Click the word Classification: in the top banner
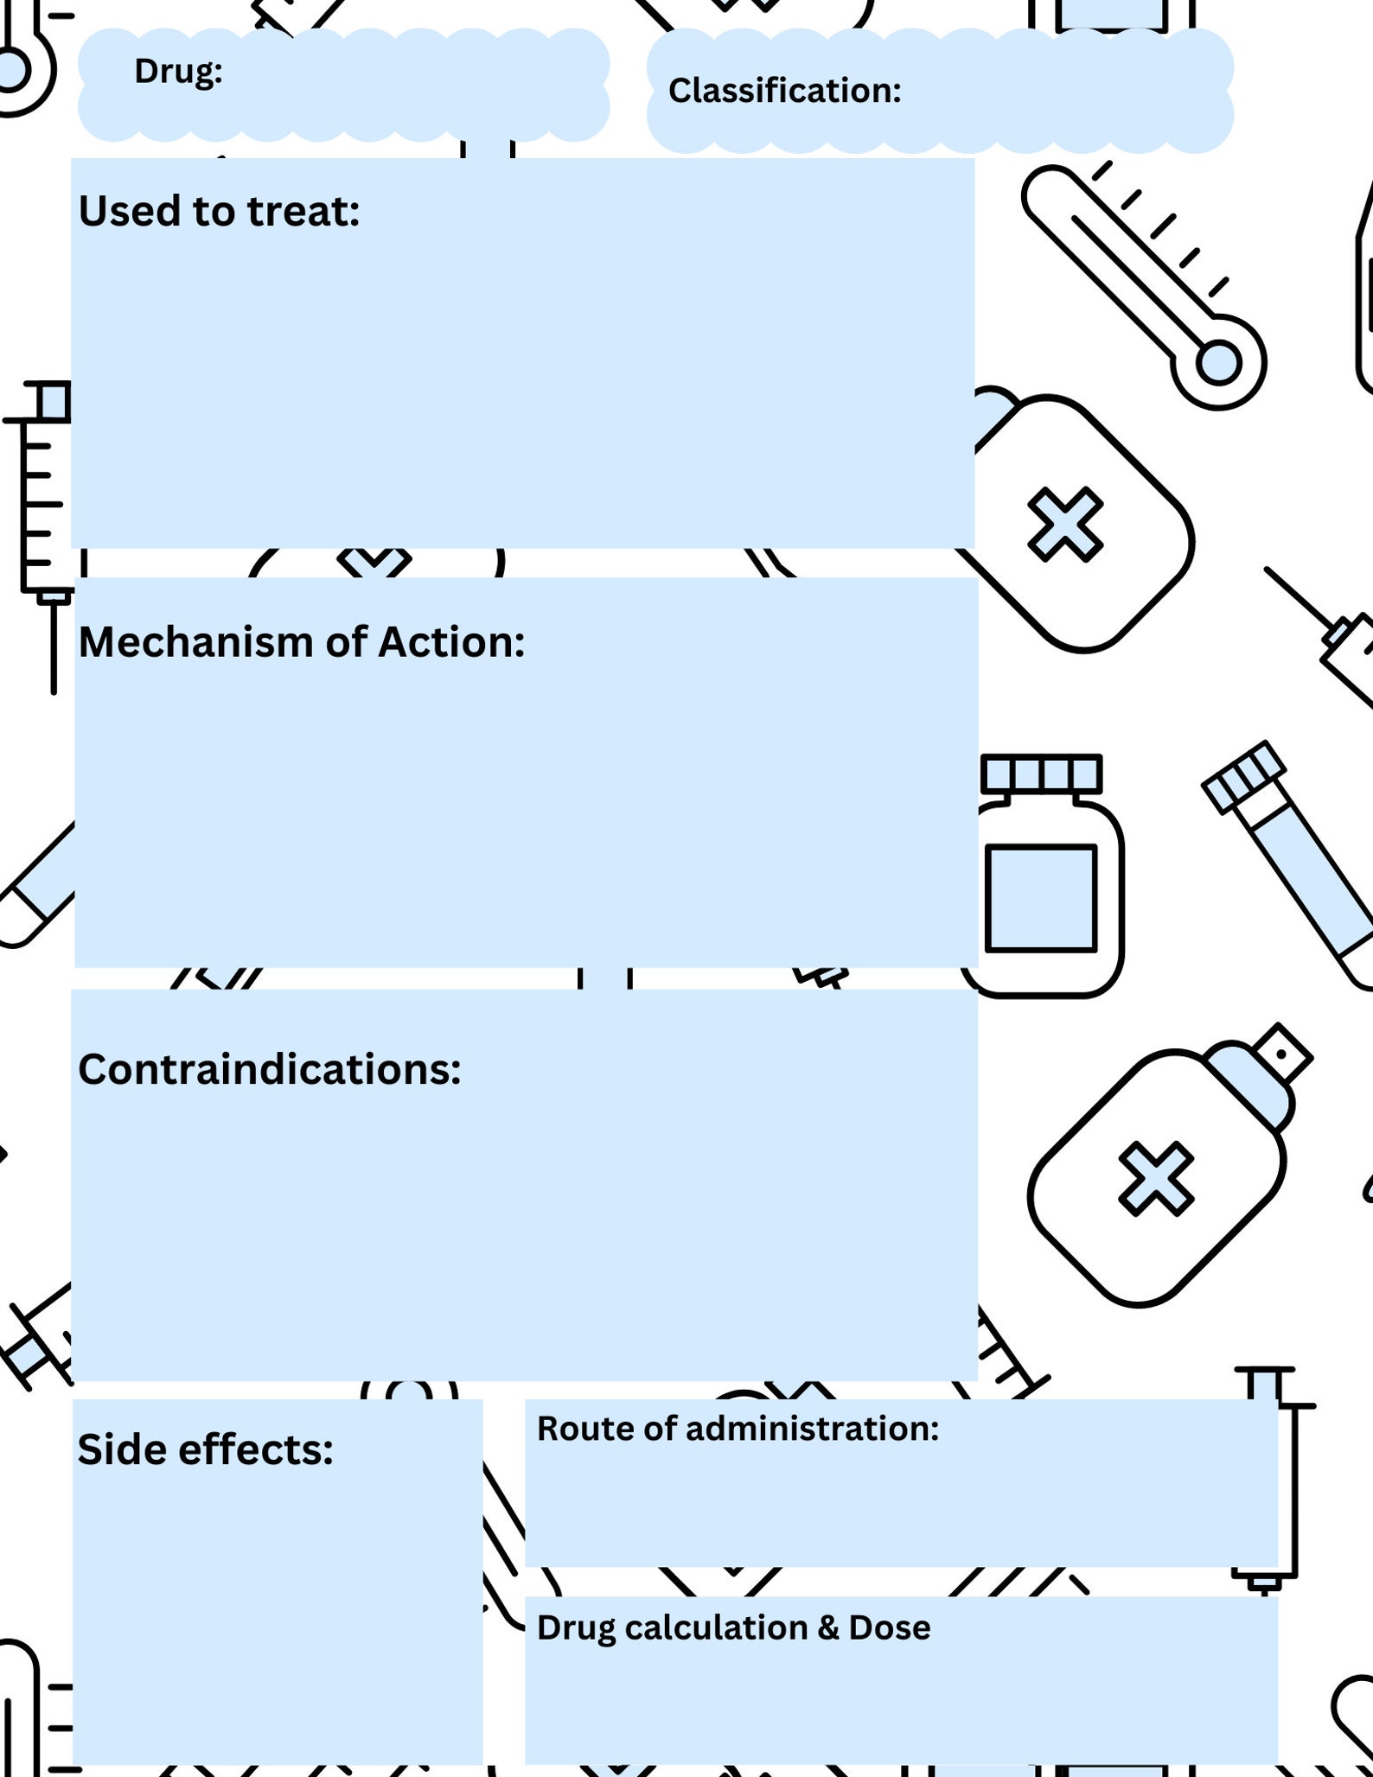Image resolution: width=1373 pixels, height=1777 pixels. coord(784,91)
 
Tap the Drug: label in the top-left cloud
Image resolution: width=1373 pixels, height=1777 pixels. coord(178,72)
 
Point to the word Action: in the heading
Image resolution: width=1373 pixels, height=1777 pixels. coord(451,642)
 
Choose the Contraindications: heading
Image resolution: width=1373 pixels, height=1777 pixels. coord(269,1069)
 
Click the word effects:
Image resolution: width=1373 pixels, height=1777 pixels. coord(255,1449)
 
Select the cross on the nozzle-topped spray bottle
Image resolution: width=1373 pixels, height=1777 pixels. coord(1156,1178)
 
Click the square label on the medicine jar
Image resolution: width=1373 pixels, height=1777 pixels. coord(1041,898)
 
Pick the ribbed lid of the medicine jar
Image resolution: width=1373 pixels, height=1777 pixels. coord(1041,773)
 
